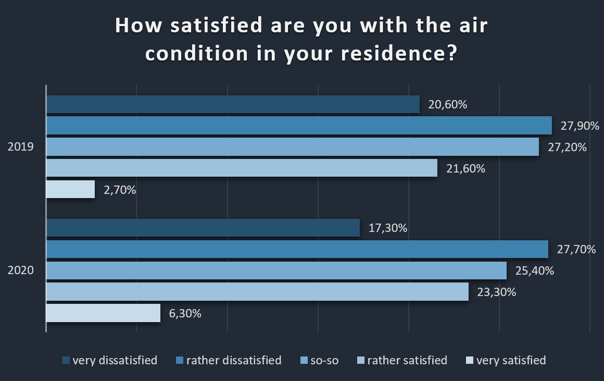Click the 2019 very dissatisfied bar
coord(233,104)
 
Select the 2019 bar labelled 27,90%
coord(299,126)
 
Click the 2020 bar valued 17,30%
coord(203,228)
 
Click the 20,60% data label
coord(447,104)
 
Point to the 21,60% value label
coord(465,168)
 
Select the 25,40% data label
coord(534,271)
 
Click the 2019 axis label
coord(21,147)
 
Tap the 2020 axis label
coord(21,271)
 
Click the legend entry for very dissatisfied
coord(110,360)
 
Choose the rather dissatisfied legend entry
coord(229,360)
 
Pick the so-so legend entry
coord(320,360)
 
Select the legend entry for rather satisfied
coord(402,360)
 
